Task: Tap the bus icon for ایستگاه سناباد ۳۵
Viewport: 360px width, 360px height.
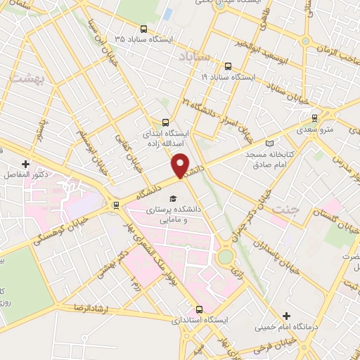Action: coord(143,30)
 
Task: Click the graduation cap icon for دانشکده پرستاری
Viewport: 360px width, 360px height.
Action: coord(173,197)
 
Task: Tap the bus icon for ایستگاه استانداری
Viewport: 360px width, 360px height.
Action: coord(199,309)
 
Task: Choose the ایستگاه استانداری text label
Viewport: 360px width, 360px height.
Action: coord(199,320)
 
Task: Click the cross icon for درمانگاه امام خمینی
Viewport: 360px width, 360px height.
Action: coord(286,316)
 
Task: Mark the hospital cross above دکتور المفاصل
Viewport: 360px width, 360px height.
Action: coord(25,163)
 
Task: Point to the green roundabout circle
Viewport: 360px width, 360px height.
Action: coord(225,257)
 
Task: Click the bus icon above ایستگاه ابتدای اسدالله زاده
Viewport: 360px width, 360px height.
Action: coord(166,121)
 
